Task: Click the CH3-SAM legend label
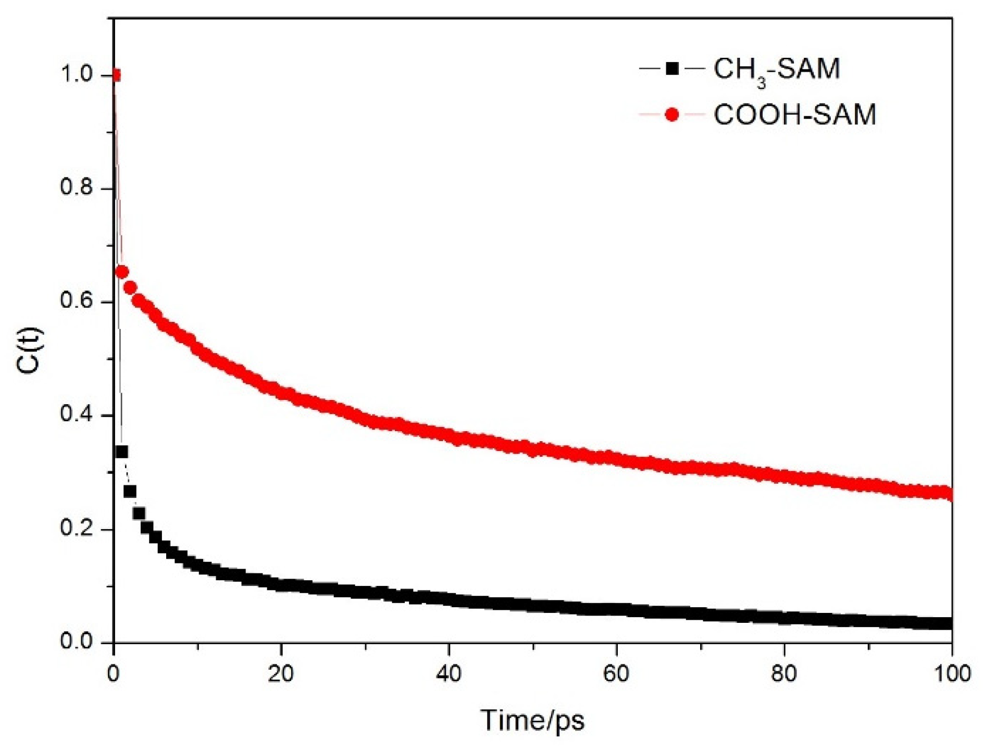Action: click(x=776, y=70)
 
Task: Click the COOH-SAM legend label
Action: click(x=794, y=115)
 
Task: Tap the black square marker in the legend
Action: click(x=672, y=68)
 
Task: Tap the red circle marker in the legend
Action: click(x=672, y=115)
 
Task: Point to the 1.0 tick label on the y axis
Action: click(x=77, y=74)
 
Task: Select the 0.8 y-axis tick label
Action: click(x=77, y=187)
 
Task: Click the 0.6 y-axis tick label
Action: click(x=77, y=301)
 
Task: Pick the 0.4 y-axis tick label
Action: click(x=77, y=415)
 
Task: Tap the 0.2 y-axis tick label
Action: click(x=77, y=528)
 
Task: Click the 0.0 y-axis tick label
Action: click(x=77, y=642)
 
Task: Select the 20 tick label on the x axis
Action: click(x=281, y=674)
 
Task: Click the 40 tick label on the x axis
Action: click(x=449, y=674)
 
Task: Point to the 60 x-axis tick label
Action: click(x=616, y=674)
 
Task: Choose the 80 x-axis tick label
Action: click(x=784, y=674)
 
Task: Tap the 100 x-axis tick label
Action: click(x=951, y=674)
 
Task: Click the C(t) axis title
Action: click(x=29, y=350)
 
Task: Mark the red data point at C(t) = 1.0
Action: click(x=116, y=76)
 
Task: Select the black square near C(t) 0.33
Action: click(x=122, y=452)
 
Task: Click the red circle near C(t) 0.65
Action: click(x=122, y=272)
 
